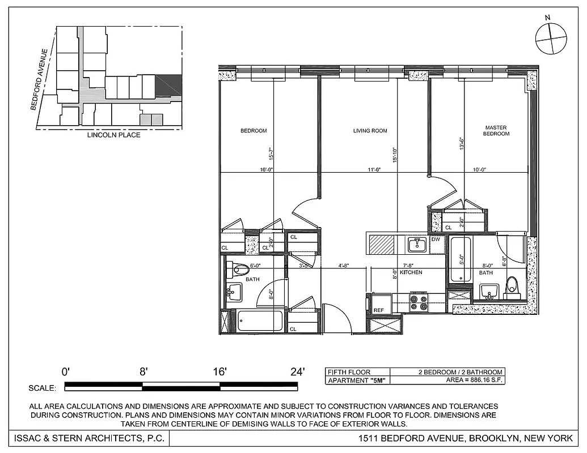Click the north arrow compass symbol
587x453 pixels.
[x=551, y=39]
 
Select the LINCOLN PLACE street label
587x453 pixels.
[x=113, y=135]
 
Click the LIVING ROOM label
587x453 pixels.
[x=370, y=131]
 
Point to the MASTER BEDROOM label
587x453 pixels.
[x=496, y=131]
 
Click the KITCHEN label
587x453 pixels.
[x=411, y=272]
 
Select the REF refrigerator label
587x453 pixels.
[x=379, y=310]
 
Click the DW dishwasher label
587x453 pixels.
[x=436, y=240]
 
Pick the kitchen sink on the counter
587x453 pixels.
[x=417, y=245]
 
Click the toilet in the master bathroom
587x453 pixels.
[x=512, y=287]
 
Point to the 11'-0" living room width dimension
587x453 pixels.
[x=373, y=169]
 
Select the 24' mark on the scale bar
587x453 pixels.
[x=297, y=372]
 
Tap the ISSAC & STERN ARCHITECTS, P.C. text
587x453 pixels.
[x=87, y=438]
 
